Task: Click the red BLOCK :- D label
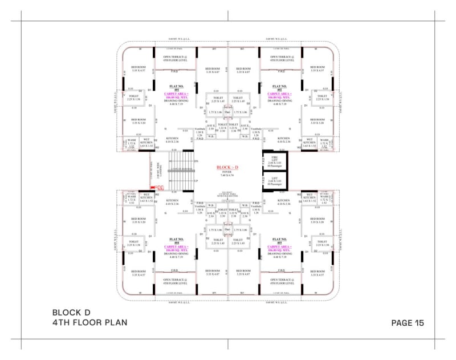pos(227,167)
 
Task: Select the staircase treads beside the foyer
pos(181,169)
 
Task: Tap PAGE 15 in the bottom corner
pos(408,322)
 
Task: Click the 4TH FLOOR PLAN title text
pos(89,322)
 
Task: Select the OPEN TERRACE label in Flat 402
pos(282,58)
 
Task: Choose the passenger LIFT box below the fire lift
pos(274,181)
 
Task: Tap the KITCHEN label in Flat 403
pos(283,202)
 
